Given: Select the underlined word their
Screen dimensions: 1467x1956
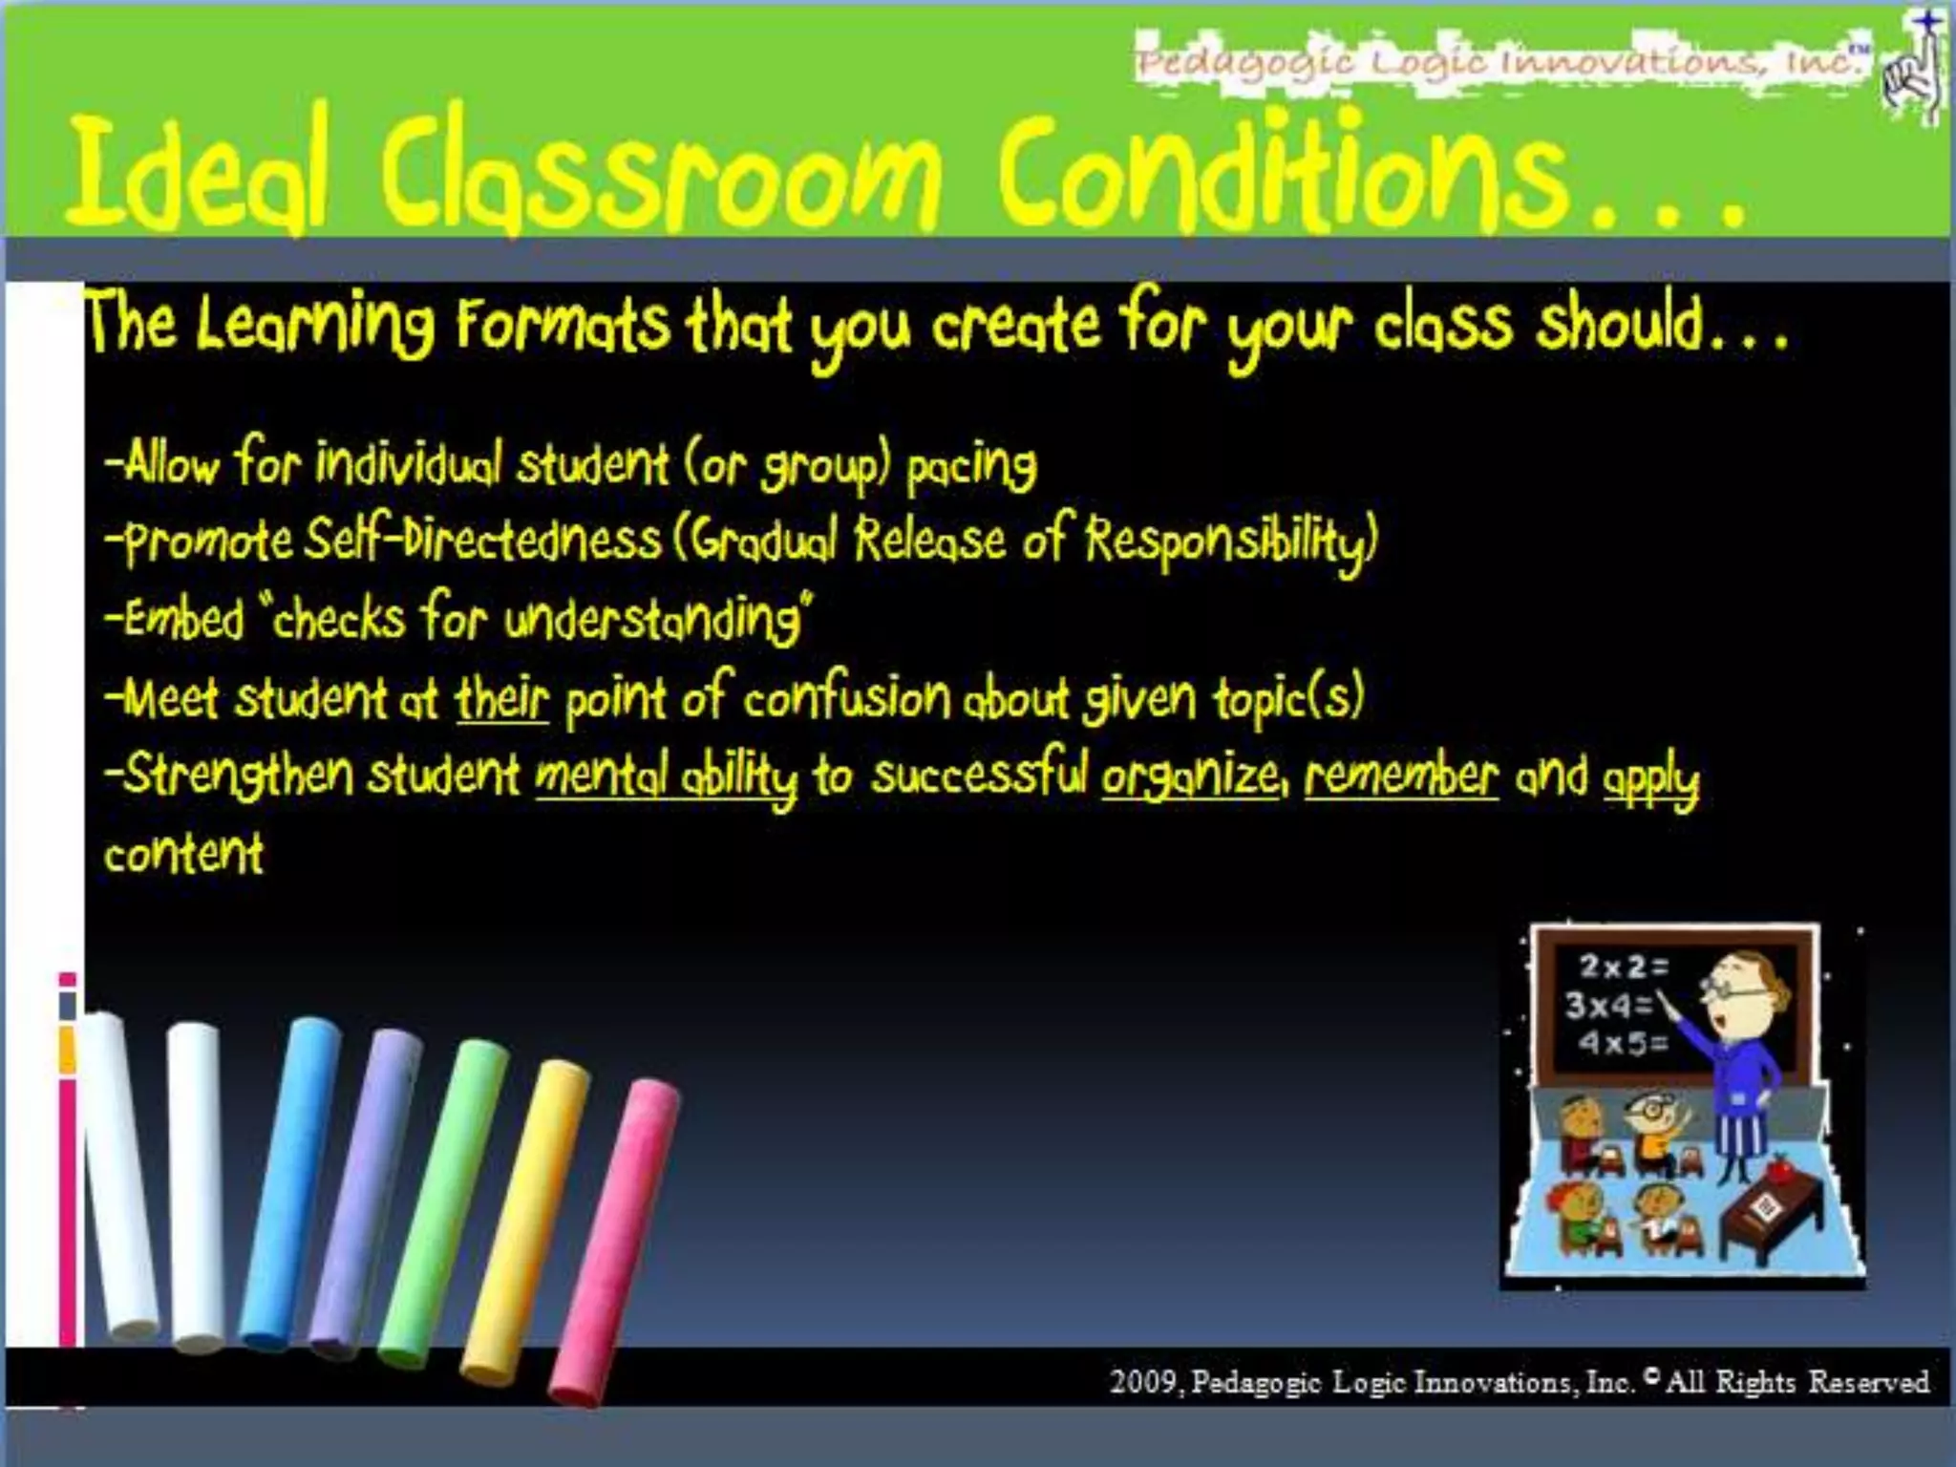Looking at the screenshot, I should (502, 698).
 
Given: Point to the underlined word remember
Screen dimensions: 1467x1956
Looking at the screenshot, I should (1401, 776).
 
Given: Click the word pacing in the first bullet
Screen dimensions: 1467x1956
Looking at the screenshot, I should (970, 468).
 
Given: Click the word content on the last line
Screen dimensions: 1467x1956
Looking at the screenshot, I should (183, 853).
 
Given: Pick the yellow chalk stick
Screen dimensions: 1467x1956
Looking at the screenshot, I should (525, 1222).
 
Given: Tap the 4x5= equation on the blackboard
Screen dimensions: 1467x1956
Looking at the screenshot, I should (1623, 1043).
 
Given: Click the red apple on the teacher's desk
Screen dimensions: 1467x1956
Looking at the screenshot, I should (1778, 1167).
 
